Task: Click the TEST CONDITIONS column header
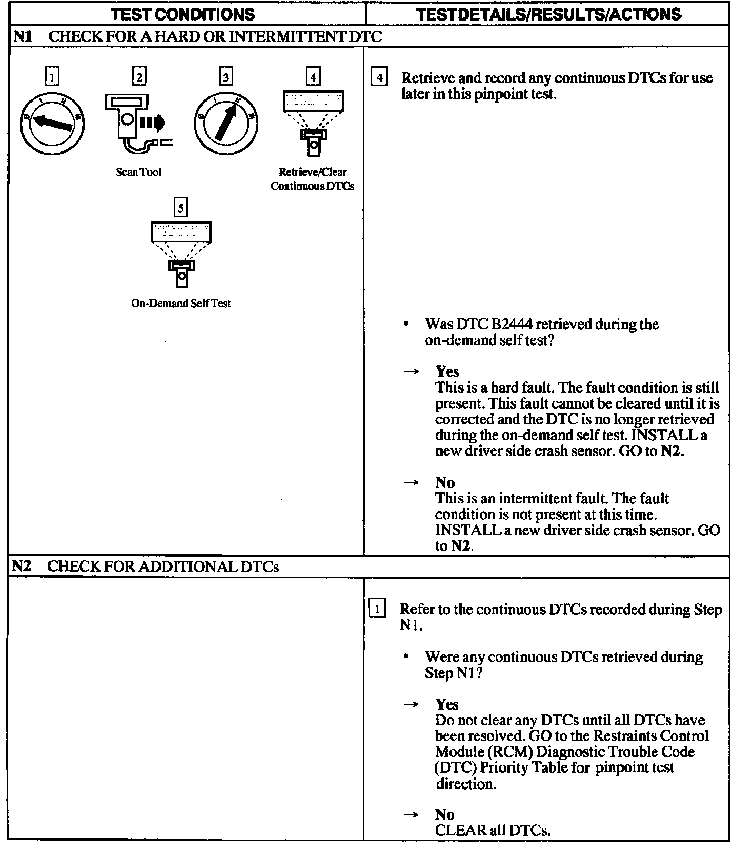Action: (x=183, y=14)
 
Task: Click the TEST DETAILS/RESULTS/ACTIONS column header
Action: (x=548, y=14)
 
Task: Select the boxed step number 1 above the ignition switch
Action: (x=52, y=77)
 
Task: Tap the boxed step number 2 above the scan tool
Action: (x=138, y=77)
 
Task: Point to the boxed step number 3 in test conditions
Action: (x=225, y=77)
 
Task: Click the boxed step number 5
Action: (x=181, y=208)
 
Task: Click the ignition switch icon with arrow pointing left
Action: (x=52, y=124)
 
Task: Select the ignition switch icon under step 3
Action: (x=226, y=124)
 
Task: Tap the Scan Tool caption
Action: (x=138, y=172)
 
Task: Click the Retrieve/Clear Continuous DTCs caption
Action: (x=312, y=179)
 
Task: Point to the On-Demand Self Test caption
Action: (x=181, y=303)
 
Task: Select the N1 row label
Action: (x=22, y=36)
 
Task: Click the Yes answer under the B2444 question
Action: (x=447, y=371)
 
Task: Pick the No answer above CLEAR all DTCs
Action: (x=445, y=815)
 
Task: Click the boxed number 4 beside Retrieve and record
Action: (x=379, y=78)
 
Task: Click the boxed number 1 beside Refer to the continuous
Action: (x=377, y=609)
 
